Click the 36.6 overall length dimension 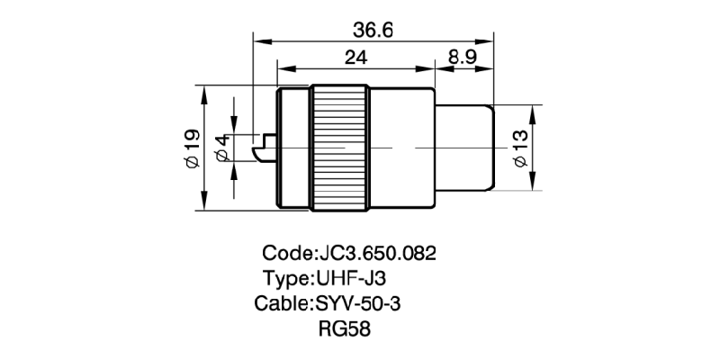(x=373, y=30)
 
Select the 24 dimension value (x=355, y=56)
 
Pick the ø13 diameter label (x=519, y=148)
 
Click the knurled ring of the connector (x=340, y=148)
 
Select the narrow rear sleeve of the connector (x=464, y=148)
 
